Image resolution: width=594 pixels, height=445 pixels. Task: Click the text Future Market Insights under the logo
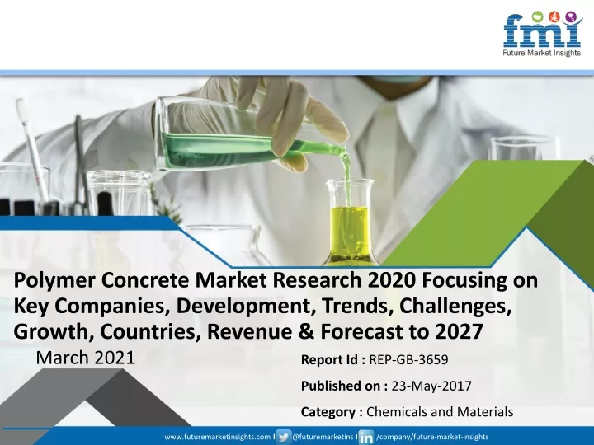542,53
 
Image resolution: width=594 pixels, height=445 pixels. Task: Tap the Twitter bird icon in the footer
283,437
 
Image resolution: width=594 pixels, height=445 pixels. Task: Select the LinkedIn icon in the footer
366,437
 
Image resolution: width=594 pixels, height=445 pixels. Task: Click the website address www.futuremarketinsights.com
218,437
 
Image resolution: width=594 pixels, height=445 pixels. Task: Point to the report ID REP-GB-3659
408,359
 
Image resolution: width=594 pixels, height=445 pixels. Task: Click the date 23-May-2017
431,386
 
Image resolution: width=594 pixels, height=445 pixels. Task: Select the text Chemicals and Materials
440,411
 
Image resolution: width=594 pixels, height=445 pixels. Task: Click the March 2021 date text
86,358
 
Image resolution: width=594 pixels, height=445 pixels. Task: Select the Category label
328,411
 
